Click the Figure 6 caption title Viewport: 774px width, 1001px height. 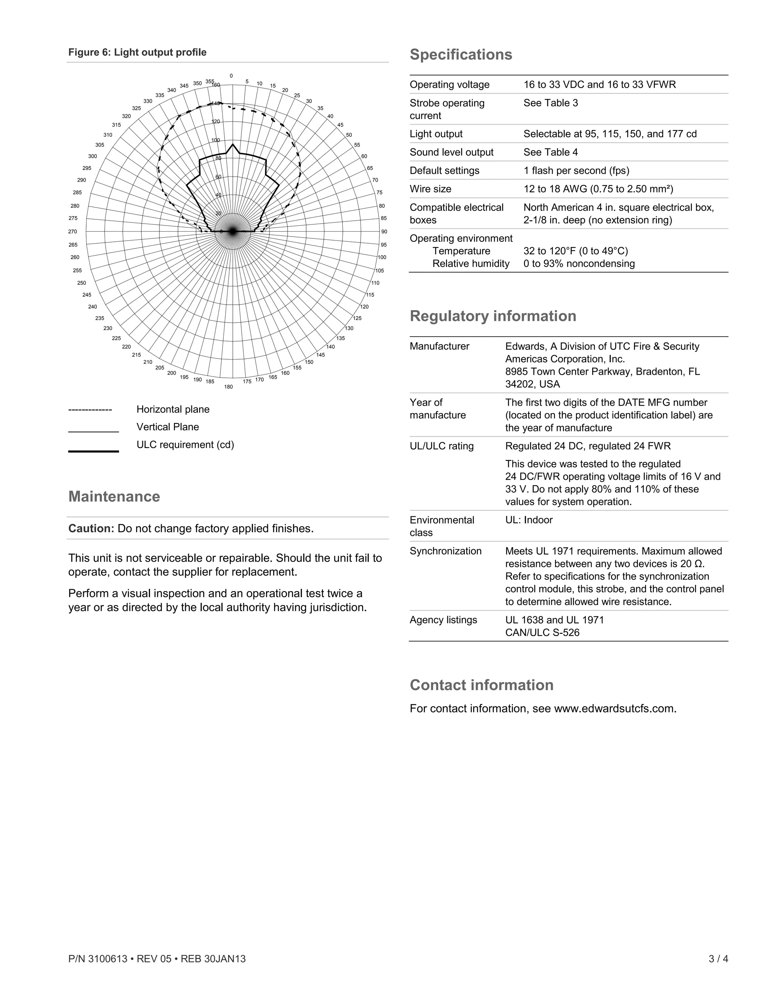137,52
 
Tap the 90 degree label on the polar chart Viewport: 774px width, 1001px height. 384,232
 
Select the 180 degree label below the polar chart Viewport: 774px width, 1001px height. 228,387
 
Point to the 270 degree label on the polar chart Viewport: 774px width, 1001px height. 73,232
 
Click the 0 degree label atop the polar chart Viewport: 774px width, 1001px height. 231,76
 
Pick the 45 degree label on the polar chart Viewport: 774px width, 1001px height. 340,125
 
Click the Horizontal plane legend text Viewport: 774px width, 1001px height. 173,409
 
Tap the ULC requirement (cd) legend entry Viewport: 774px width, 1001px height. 185,445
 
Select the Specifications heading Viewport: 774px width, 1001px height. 461,54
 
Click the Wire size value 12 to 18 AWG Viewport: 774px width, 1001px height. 598,189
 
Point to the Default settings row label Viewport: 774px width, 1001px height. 444,170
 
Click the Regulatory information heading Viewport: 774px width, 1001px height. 493,316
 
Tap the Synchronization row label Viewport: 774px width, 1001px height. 445,551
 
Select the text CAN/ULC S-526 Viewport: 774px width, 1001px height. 542,632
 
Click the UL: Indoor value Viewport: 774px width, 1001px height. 529,520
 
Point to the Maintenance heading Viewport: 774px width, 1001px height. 114,497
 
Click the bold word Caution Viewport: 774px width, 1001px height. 91,528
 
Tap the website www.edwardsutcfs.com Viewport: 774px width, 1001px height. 615,709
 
